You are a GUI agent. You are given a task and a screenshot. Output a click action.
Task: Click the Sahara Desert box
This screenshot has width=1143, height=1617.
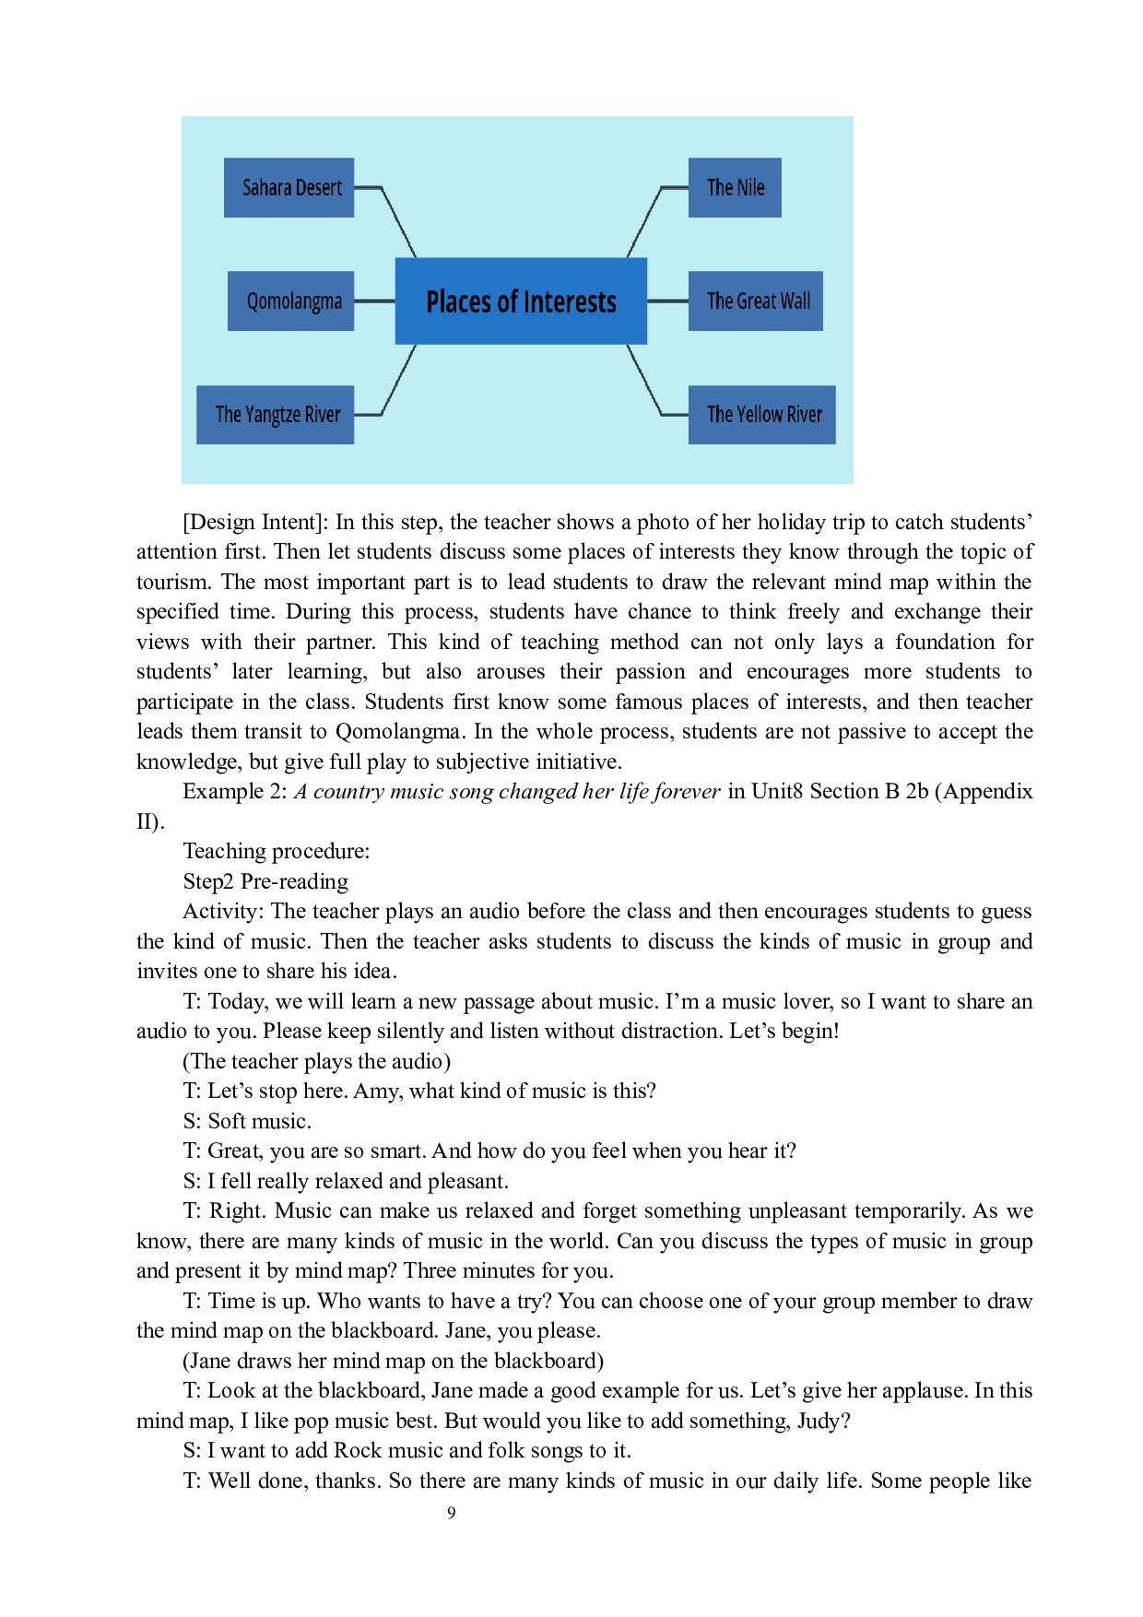pyautogui.click(x=289, y=187)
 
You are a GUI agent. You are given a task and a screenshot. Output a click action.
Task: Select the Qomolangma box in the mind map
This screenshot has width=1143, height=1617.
pyautogui.click(x=290, y=301)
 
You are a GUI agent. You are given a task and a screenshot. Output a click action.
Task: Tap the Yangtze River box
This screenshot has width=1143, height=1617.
pyautogui.click(x=275, y=415)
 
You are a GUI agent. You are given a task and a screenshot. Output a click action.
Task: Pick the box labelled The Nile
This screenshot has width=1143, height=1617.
pyautogui.click(x=735, y=187)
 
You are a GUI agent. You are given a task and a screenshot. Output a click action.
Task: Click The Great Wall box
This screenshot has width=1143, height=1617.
pyautogui.click(x=756, y=301)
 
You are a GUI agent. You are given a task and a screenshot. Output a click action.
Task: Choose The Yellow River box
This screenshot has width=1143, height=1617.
pyautogui.click(x=762, y=415)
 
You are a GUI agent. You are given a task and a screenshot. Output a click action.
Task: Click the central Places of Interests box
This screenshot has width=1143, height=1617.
pyautogui.click(x=521, y=301)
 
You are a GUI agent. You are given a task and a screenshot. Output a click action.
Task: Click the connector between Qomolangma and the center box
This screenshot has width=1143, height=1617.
pyautogui.click(x=374, y=301)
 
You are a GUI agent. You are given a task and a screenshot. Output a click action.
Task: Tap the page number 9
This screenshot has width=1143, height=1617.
pyautogui.click(x=452, y=1512)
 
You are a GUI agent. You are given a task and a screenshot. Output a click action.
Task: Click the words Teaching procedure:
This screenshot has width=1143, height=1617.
pyautogui.click(x=277, y=851)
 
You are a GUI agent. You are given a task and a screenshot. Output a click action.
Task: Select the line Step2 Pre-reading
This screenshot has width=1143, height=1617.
pyautogui.click(x=265, y=881)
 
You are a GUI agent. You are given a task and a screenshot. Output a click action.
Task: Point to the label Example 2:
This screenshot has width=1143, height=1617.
pyautogui.click(x=235, y=791)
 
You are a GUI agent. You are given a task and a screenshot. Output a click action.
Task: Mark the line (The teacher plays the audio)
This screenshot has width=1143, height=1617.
pyautogui.click(x=317, y=1061)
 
